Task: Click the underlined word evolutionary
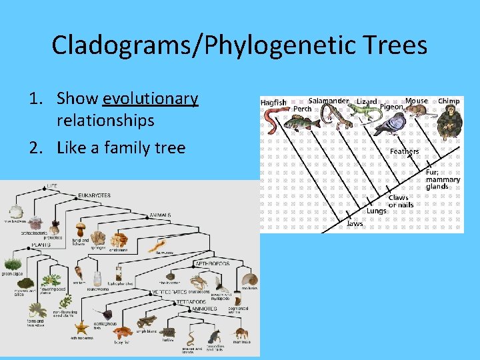click(151, 99)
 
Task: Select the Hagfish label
click(273, 103)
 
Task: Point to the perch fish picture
click(306, 123)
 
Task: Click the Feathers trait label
click(404, 151)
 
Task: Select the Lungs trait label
click(376, 211)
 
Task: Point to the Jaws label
click(355, 224)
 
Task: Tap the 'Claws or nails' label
click(401, 201)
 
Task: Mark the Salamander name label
click(328, 101)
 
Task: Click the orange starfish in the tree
click(82, 327)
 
